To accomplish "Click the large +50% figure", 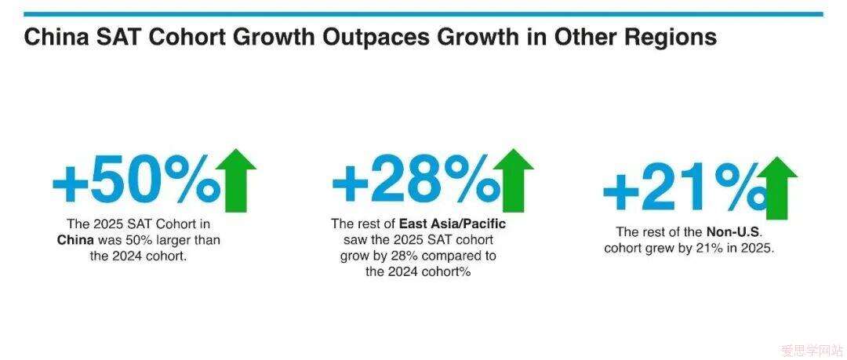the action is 136,180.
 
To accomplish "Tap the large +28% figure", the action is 416,180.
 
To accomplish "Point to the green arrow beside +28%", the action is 513,180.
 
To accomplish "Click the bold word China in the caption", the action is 75,240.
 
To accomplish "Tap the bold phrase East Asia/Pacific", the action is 453,224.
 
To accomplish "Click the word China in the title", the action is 55,38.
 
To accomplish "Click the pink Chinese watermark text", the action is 812,351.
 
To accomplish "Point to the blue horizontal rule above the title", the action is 423,14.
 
